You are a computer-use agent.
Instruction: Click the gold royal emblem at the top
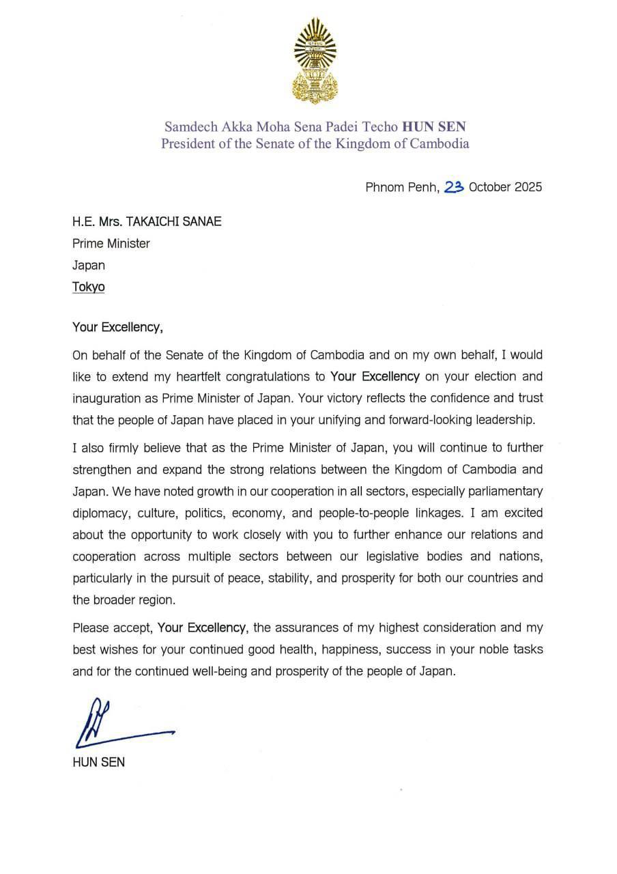click(315, 61)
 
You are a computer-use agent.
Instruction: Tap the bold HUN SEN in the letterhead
click(434, 126)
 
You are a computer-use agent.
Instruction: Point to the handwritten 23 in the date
click(454, 186)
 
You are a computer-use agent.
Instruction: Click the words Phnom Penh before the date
click(402, 187)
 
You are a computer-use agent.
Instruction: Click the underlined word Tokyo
click(89, 287)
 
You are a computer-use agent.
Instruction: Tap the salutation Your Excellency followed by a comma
click(117, 327)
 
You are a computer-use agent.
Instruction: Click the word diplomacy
click(100, 513)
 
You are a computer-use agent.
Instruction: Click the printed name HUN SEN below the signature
click(98, 762)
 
